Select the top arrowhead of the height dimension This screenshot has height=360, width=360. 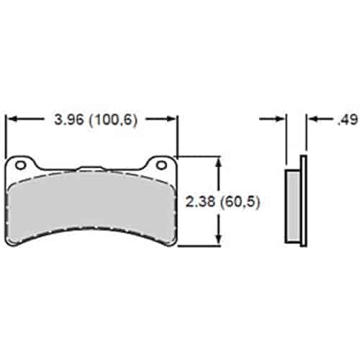click(x=218, y=161)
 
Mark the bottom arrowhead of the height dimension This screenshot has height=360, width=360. click(x=218, y=241)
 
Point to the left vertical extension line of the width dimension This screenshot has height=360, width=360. click(x=6, y=137)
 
